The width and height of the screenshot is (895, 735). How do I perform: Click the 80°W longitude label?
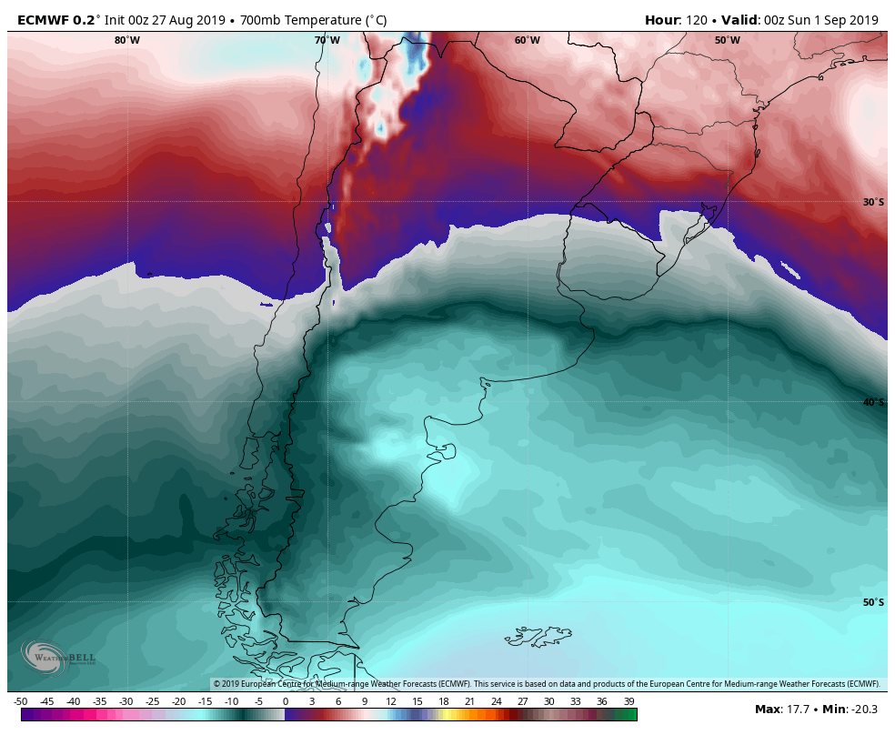coord(127,40)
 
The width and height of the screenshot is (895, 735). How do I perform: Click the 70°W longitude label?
coord(327,40)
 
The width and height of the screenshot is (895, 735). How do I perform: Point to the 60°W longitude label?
coord(527,40)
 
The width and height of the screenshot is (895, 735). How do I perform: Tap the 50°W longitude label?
coord(727,40)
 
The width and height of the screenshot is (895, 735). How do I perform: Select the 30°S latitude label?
coord(873,202)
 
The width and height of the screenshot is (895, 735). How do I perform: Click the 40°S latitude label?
coord(873,402)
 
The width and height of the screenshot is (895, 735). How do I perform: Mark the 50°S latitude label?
coord(873,602)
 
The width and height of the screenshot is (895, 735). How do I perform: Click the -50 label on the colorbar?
coord(20,701)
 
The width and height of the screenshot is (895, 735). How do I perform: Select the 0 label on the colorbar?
coord(286,701)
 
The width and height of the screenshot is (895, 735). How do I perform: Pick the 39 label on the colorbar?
coord(629,701)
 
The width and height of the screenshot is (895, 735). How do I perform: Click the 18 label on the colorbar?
coord(444,701)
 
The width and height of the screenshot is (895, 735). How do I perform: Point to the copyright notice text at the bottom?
coord(546,684)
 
